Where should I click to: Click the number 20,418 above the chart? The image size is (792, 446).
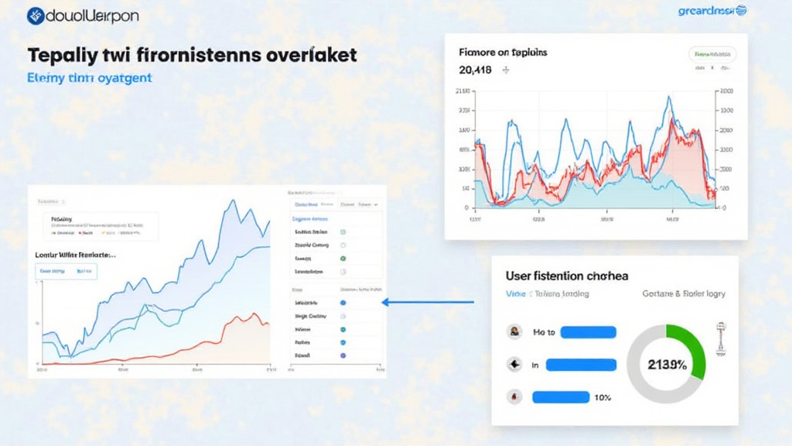click(476, 70)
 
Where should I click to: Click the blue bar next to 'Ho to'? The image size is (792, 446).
click(588, 332)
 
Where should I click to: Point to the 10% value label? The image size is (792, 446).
click(603, 397)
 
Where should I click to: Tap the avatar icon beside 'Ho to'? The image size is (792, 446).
click(512, 332)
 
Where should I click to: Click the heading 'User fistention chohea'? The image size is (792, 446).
click(566, 276)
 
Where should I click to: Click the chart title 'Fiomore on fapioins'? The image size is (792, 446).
click(503, 52)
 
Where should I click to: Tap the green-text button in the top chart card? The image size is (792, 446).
click(712, 55)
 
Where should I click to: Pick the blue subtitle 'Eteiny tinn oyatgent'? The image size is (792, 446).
click(90, 77)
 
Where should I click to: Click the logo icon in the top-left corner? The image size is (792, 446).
click(36, 15)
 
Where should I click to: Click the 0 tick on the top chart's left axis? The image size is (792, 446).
click(466, 208)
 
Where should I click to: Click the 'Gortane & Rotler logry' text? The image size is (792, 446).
click(684, 294)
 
